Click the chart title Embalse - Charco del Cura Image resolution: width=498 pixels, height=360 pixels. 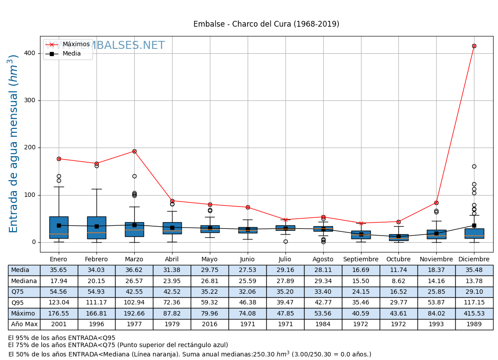(x=266, y=24)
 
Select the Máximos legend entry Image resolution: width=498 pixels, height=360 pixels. (x=76, y=44)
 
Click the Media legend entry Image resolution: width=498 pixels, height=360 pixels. (x=72, y=54)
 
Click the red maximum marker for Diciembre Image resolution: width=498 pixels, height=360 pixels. (x=474, y=46)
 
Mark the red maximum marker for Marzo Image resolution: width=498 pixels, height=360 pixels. (x=134, y=151)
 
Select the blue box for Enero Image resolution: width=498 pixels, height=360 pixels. (x=59, y=228)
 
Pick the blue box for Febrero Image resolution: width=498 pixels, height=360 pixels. (x=96, y=228)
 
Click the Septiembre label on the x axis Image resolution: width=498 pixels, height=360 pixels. (x=361, y=260)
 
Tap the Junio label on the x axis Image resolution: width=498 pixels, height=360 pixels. (x=247, y=260)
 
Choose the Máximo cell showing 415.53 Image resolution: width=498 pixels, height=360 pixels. (x=474, y=313)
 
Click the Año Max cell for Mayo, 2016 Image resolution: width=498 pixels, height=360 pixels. (x=209, y=324)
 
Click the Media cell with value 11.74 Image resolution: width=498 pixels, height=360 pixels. (x=398, y=270)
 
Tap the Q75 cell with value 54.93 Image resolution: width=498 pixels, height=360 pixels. (x=96, y=292)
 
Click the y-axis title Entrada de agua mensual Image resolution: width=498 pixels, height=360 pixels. (x=14, y=144)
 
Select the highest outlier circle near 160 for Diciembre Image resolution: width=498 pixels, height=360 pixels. (x=474, y=166)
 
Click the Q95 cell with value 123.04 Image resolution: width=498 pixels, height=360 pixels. (x=59, y=303)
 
